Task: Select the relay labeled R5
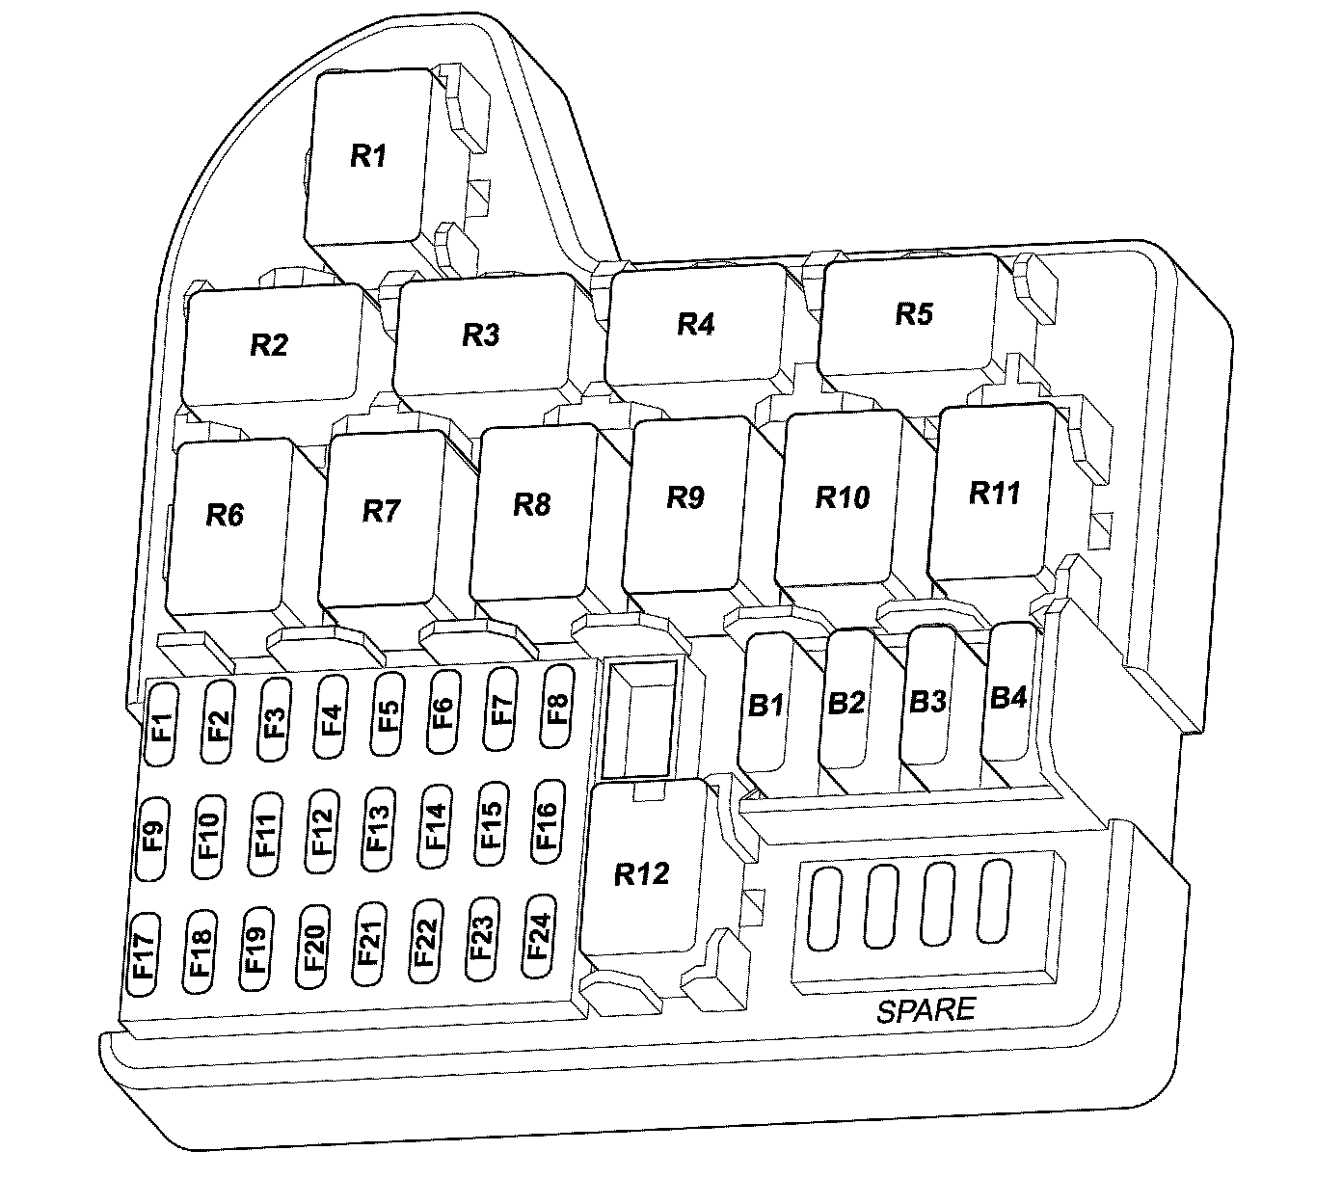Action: click(913, 314)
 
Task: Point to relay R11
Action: click(993, 493)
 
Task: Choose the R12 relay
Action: click(641, 873)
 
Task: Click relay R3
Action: click(480, 335)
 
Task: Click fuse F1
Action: click(160, 724)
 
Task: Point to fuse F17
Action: click(143, 953)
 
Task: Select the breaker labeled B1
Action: click(765, 704)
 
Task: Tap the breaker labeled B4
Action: click(1008, 696)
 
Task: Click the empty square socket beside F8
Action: click(639, 719)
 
